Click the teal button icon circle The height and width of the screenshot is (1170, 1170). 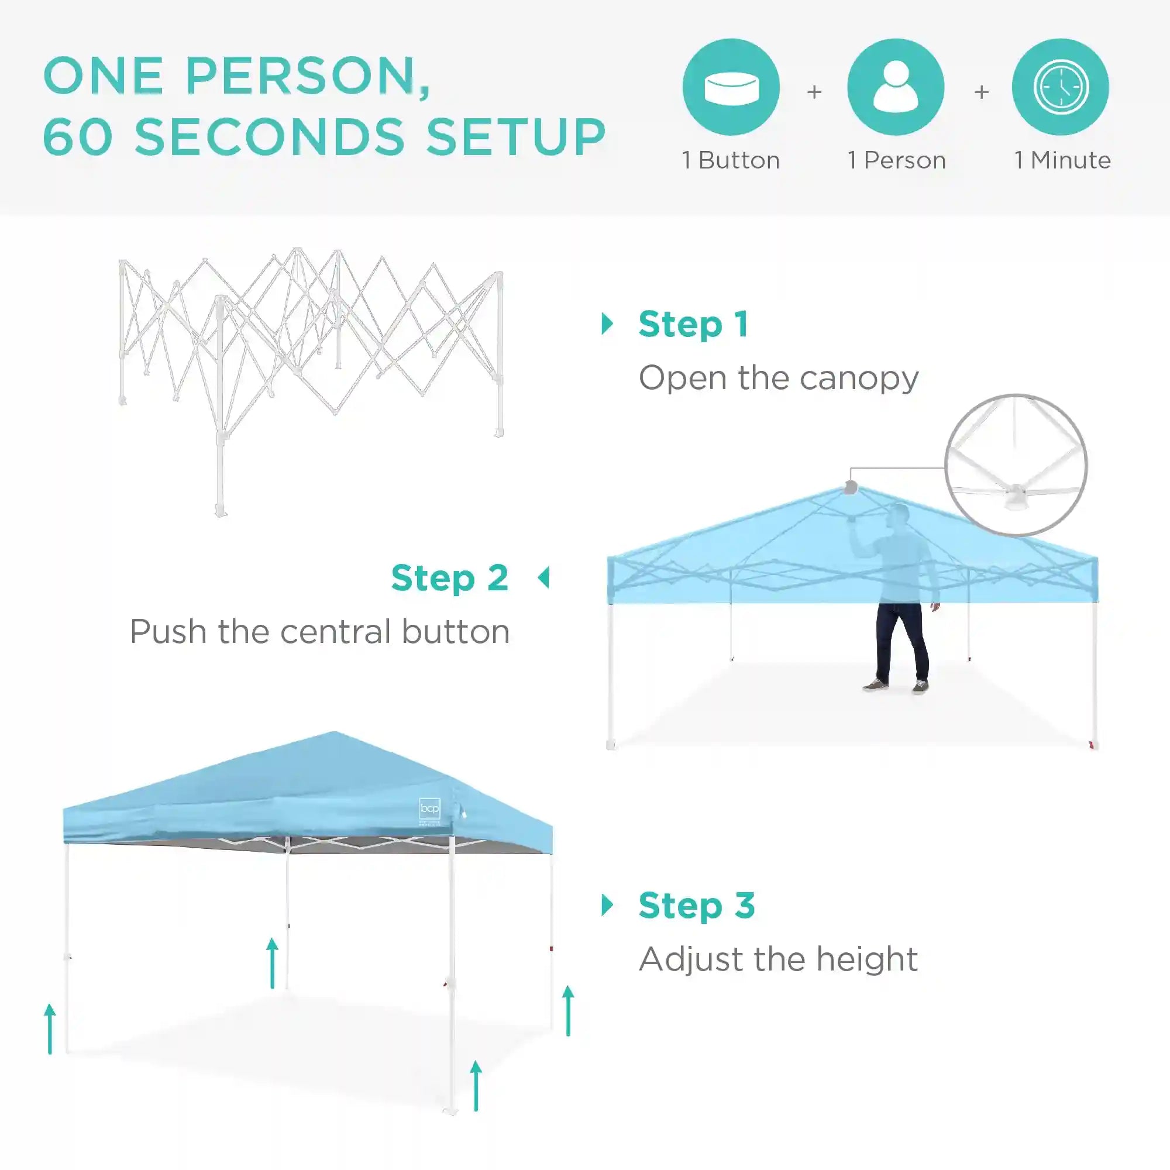coord(731,87)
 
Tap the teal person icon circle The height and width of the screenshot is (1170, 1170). coord(896,87)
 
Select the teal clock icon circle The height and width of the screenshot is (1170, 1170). coord(1061,87)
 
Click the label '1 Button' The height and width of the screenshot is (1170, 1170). coord(731,160)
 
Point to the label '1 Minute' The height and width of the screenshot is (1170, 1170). coord(1063,160)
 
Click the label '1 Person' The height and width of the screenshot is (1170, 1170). coord(897,160)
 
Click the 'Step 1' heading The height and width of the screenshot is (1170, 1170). coord(694,325)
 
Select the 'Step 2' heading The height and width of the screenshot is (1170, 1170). coord(450,578)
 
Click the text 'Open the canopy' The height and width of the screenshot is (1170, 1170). coord(779,378)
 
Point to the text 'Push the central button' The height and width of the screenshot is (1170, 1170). coord(320,632)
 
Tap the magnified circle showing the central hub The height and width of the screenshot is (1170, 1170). coord(1016,464)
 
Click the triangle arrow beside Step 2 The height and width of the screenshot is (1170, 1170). coord(543,578)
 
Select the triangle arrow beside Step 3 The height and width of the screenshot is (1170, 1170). coord(607,906)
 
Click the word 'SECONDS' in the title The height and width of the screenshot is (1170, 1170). coord(270,136)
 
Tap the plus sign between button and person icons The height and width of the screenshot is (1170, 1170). coord(814,92)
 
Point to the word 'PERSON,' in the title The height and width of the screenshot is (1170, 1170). coord(308,77)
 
